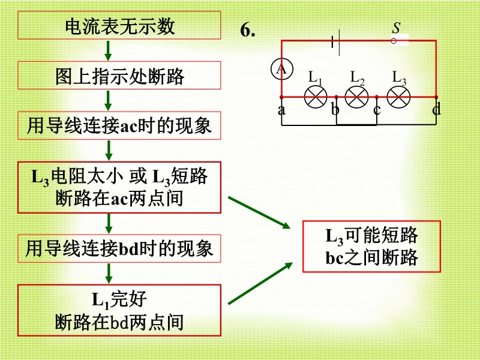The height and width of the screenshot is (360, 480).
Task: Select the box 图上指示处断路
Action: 119,77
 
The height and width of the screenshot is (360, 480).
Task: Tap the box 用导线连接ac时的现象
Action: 119,126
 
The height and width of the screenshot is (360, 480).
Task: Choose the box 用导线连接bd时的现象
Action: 119,248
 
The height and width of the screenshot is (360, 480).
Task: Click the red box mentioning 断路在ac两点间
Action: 119,187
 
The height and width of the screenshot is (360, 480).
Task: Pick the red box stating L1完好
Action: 119,310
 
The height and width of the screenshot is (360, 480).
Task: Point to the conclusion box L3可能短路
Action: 372,247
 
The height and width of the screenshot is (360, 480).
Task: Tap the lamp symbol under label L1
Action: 316,97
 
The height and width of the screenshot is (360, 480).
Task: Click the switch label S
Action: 397,28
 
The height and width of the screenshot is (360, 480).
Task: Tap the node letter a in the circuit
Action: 281,110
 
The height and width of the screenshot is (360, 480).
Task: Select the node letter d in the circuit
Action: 436,109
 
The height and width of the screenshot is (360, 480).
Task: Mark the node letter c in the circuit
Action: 377,110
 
